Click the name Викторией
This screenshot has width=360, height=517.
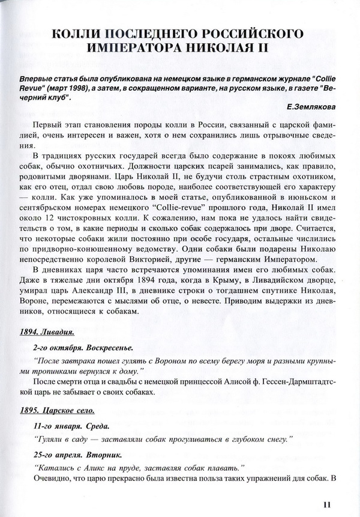click(190, 259)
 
